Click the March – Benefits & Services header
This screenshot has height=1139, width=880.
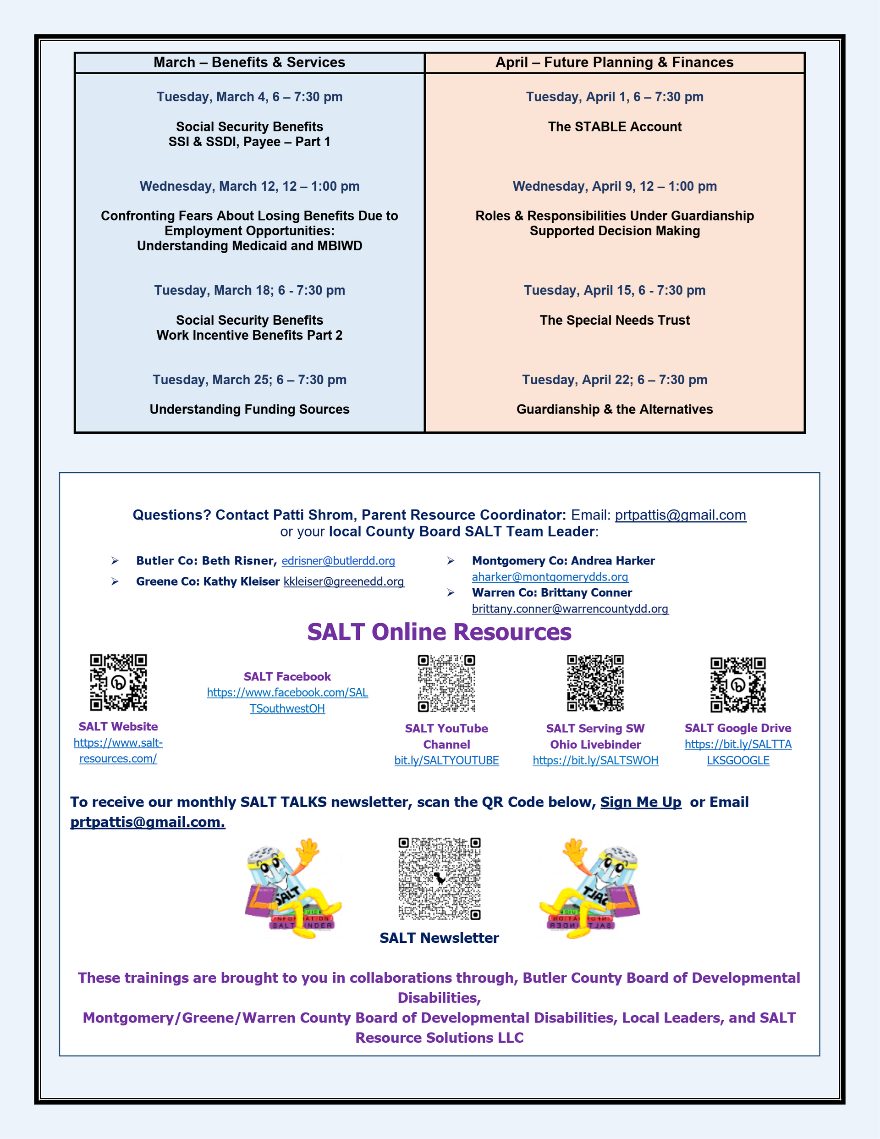[x=249, y=62]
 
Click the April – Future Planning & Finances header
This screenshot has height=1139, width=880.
[x=614, y=62]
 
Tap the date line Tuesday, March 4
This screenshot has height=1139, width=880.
[x=249, y=97]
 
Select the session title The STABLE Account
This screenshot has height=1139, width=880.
[x=615, y=127]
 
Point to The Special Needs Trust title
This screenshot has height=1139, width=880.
[x=615, y=320]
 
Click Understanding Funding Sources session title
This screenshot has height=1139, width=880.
[x=249, y=409]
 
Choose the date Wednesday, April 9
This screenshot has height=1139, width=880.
[x=615, y=186]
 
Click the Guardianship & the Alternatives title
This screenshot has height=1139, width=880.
[x=615, y=409]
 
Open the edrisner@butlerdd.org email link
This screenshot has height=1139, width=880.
[x=338, y=561]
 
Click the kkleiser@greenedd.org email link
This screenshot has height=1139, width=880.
[x=344, y=581]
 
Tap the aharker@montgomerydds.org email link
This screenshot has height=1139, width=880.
[x=550, y=577]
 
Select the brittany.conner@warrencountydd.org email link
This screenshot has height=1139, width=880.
[x=570, y=608]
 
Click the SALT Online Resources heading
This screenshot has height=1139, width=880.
[x=439, y=632]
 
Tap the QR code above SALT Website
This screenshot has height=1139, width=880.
[x=118, y=683]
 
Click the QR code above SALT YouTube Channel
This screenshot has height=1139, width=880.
[x=446, y=684]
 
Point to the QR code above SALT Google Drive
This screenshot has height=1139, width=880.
[x=737, y=685]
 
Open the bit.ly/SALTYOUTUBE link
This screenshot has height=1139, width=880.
[x=446, y=760]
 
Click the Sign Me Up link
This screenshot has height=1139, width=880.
[x=641, y=802]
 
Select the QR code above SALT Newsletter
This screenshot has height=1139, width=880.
[x=440, y=879]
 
